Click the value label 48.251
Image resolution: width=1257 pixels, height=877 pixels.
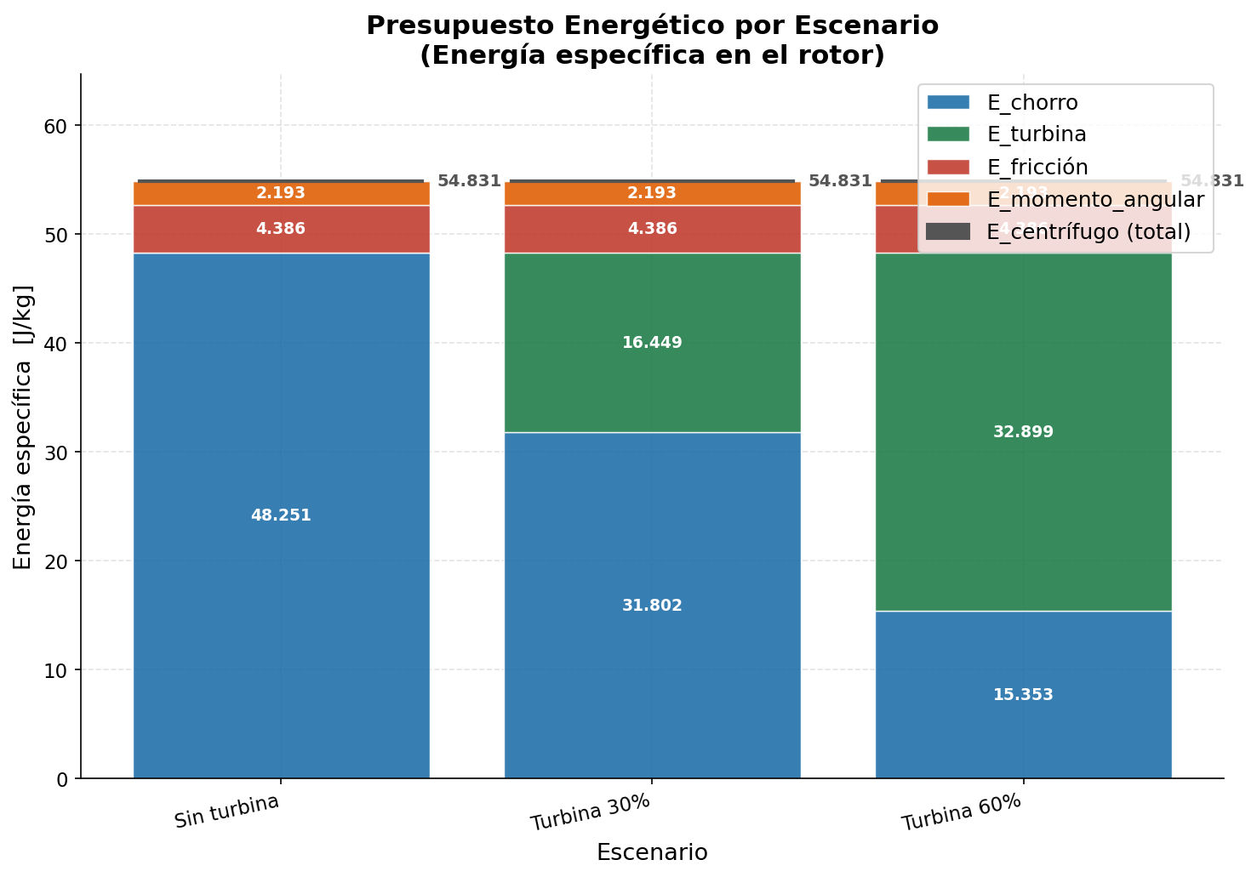click(x=281, y=515)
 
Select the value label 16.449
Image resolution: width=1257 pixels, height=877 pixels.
click(x=652, y=343)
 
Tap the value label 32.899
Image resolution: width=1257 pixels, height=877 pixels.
click(x=1023, y=432)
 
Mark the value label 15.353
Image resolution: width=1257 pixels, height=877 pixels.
click(x=1023, y=695)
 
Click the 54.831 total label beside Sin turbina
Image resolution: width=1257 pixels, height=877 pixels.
click(x=469, y=181)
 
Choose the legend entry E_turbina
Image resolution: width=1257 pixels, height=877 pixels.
click(x=1036, y=134)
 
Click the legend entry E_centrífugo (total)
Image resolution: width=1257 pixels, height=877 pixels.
click(x=1088, y=231)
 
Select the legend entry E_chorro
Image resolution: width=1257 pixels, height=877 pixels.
click(x=1031, y=102)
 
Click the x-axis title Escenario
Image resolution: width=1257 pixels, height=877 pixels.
click(x=652, y=852)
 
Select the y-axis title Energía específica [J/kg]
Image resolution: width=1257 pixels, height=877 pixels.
click(x=23, y=427)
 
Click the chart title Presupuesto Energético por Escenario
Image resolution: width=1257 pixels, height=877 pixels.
click(x=652, y=26)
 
